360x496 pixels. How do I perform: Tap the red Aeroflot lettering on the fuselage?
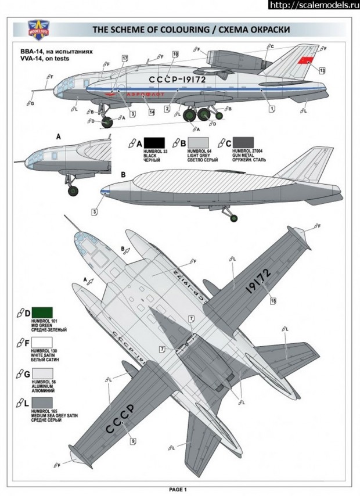(143, 94)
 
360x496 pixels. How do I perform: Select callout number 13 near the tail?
(322, 70)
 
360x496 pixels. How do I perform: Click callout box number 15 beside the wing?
(273, 300)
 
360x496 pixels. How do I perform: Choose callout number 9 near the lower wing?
(133, 442)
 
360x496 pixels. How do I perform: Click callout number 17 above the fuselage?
(125, 59)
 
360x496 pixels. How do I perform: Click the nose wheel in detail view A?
(73, 190)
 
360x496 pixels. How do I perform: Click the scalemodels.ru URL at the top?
(314, 5)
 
